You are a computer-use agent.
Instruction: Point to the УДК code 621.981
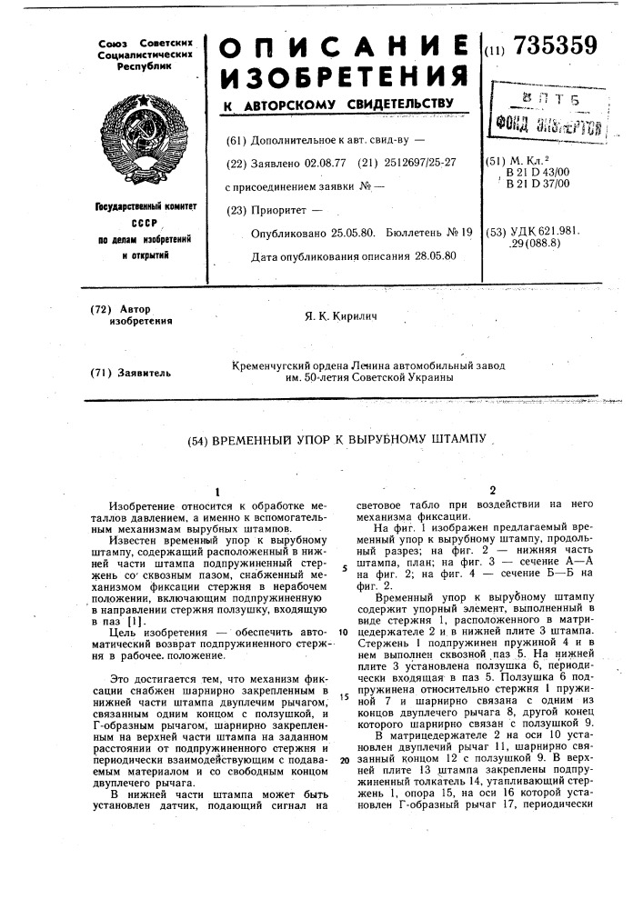click(x=553, y=232)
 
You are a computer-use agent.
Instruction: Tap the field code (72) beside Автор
click(x=103, y=309)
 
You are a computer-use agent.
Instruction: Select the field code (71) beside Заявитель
click(x=103, y=372)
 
